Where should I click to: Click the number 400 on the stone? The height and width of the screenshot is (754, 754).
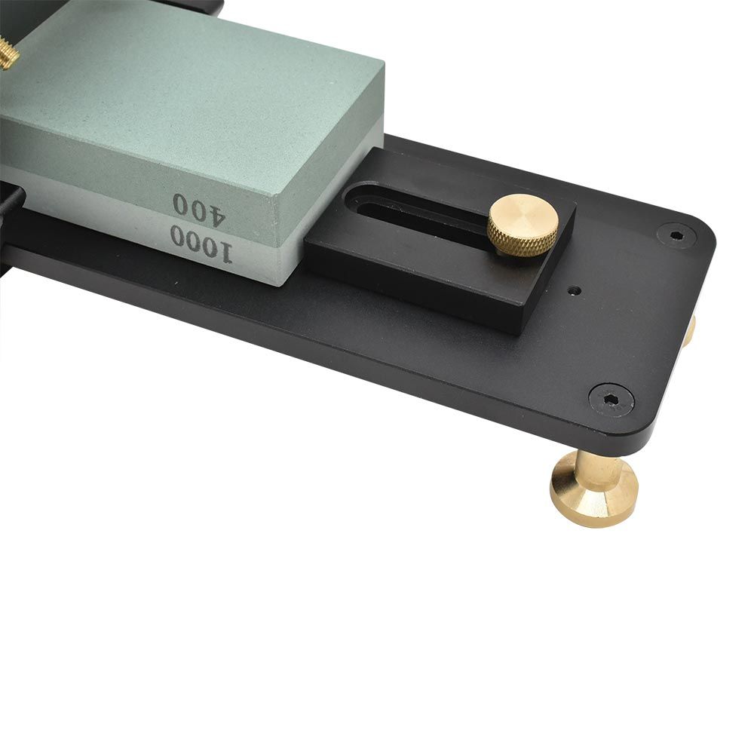[198, 210]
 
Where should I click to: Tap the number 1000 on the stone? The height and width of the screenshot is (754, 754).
[201, 244]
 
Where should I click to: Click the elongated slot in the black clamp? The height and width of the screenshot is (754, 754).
[413, 212]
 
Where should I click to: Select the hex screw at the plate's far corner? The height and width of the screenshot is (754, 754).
[676, 235]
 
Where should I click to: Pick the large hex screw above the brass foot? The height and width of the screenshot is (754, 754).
[611, 399]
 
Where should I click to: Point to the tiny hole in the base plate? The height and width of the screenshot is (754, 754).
[574, 291]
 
